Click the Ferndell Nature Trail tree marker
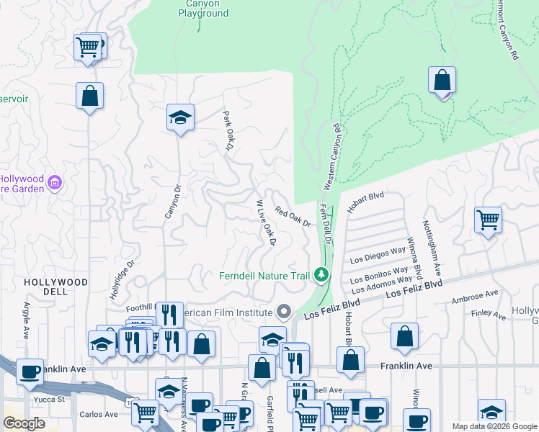(321, 274)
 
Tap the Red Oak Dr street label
(293, 217)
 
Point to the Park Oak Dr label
(228, 130)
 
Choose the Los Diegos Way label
(378, 255)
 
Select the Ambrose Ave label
(475, 294)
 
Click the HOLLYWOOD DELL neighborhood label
(55, 287)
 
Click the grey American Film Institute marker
(284, 312)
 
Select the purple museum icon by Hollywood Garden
(54, 184)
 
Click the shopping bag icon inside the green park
(442, 80)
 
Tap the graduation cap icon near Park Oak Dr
(179, 117)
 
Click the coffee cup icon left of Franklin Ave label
(30, 372)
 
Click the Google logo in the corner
(24, 423)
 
